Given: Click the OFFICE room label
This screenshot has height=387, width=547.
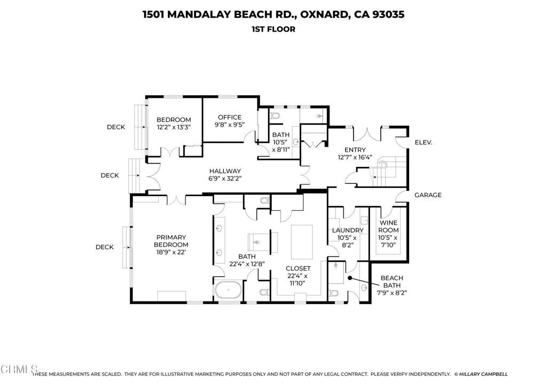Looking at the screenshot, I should point(228,118).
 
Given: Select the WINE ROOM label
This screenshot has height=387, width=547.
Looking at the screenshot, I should point(388,227).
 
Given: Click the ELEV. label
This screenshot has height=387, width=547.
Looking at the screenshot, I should point(423,143).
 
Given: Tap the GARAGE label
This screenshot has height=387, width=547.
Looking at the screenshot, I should point(428,195).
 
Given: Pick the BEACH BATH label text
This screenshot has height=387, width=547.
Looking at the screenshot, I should point(392,282).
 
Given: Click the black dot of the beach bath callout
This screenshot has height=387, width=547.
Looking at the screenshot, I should point(349,278).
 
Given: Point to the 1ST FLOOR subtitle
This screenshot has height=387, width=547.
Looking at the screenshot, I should point(273,29).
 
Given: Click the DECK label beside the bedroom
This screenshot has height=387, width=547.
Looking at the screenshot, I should point(115,127).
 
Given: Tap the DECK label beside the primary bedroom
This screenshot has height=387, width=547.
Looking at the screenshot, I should point(104,247).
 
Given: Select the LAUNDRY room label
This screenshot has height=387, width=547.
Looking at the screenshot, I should point(348,230).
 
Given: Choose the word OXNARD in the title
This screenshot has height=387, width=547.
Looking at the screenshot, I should point(323,14).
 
